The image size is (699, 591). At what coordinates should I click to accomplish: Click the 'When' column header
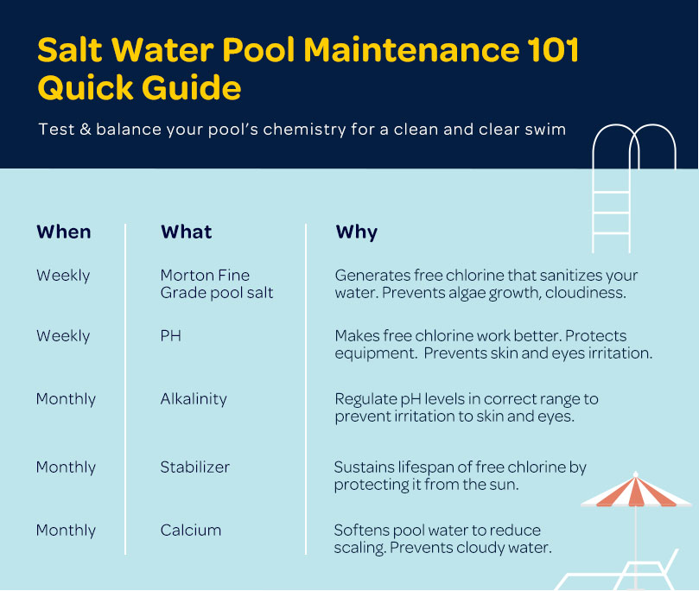point(64,232)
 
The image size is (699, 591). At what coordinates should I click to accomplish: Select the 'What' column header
point(187,232)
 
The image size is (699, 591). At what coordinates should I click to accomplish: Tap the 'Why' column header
point(357,232)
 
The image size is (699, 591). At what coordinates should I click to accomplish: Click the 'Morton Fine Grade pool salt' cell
point(217,284)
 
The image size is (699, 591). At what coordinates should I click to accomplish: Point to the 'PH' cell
point(171,335)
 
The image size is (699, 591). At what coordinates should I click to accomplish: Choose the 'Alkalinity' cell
point(194,398)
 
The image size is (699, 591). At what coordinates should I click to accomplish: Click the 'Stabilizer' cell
point(194,467)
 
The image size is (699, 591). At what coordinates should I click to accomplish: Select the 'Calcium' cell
point(191,530)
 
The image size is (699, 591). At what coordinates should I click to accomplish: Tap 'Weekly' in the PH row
point(63,336)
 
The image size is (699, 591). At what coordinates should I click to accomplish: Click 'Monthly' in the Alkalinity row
point(66,399)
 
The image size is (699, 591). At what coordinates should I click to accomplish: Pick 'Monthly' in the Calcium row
point(66,531)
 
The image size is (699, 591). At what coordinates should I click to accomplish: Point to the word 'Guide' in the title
point(192,87)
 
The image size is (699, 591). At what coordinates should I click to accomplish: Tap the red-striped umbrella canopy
point(636,491)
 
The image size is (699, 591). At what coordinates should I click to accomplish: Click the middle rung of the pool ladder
point(611,213)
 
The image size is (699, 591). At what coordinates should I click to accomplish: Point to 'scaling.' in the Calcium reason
point(359,548)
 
